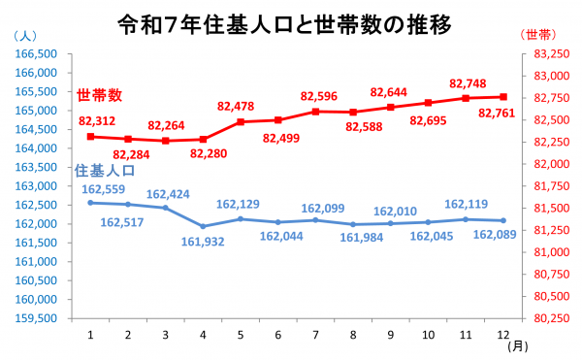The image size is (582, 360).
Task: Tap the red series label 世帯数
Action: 100,95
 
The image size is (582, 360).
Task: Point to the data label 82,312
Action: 97,121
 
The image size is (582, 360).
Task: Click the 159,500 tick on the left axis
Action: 38,318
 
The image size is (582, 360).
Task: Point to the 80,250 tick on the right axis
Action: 543,318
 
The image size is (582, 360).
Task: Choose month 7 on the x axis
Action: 316,334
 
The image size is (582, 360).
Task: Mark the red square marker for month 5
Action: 241,122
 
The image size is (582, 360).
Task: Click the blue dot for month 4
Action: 203,226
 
